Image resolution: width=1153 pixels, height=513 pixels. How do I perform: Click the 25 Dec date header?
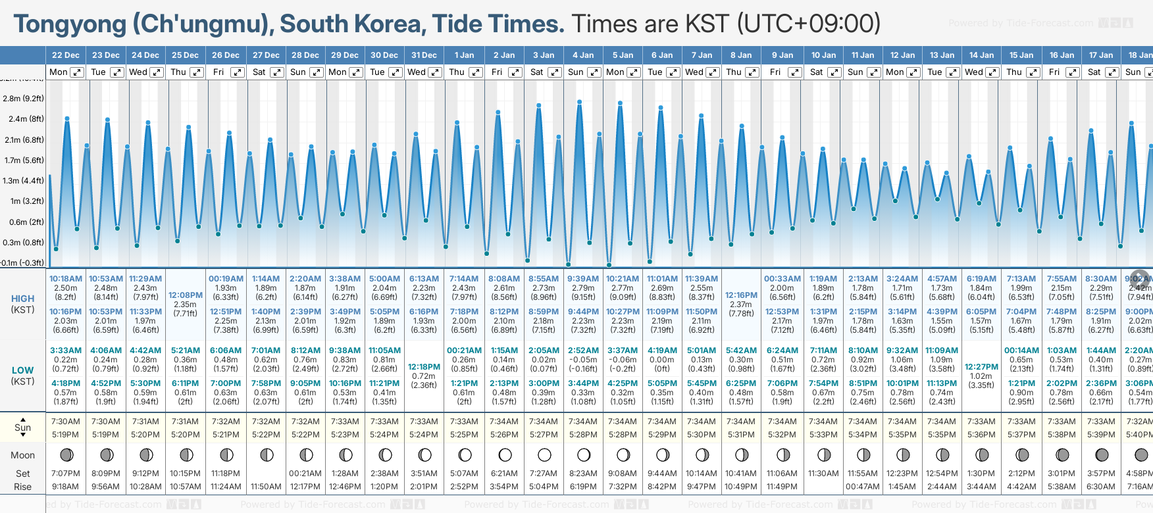point(185,55)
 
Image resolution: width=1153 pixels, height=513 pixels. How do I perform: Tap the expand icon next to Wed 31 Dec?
point(435,72)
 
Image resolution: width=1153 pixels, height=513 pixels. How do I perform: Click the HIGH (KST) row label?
point(23,304)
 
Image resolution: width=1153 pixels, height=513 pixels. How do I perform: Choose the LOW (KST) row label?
point(23,376)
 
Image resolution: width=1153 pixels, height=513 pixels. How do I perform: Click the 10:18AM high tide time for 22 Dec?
point(66,279)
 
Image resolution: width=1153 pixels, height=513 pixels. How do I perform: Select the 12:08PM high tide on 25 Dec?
point(186,295)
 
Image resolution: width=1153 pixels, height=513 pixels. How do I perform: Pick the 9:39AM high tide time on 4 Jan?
point(583,279)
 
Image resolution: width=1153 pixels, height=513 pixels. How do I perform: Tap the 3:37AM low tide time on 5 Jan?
point(623,351)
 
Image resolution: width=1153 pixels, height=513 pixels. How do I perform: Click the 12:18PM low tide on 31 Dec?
point(424,367)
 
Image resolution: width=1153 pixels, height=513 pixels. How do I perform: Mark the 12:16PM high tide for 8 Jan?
point(741,295)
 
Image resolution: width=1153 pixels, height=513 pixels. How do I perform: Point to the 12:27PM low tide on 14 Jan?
point(981,367)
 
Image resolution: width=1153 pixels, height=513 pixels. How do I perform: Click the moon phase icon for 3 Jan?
point(544,454)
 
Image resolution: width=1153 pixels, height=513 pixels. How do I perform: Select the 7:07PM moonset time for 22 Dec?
point(66,474)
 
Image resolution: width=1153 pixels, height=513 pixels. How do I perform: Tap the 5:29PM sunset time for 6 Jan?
point(662,435)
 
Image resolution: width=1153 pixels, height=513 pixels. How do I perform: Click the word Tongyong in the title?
point(70,24)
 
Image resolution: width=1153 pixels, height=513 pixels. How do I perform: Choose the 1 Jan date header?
point(464,55)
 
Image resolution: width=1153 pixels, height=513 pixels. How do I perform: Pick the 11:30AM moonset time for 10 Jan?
point(823,474)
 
